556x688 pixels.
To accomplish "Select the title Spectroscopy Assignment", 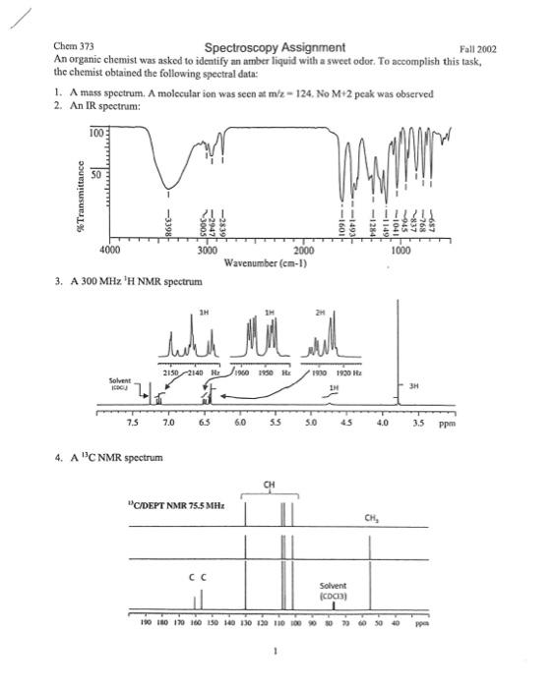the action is click(x=275, y=47).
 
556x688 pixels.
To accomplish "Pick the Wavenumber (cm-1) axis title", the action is click(x=268, y=263).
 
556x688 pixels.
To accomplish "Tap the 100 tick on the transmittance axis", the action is click(x=95, y=132).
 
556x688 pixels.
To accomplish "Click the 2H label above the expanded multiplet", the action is click(x=334, y=314).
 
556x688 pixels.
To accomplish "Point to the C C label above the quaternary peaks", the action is click(x=197, y=578).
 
